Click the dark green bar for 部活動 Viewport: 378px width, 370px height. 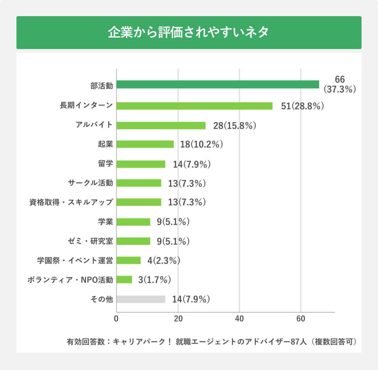[218, 85]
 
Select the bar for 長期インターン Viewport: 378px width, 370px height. [195, 106]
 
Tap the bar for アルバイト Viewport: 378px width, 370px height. [161, 126]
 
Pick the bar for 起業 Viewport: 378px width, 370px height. [145, 144]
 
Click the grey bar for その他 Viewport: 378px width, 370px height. [141, 299]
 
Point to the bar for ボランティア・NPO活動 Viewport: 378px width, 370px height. [124, 280]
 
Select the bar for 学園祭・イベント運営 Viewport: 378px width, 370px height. [128, 260]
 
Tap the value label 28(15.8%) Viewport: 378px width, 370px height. [235, 126]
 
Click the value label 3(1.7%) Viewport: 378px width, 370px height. [154, 280]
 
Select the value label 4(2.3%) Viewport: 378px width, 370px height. [164, 261]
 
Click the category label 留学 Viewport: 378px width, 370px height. [105, 164]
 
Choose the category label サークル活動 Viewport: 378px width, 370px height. [90, 183]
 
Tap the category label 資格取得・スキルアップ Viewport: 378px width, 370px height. [71, 202]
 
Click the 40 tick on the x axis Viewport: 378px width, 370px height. [240, 319]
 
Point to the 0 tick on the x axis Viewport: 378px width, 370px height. [117, 319]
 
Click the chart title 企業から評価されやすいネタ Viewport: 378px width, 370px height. [189, 32]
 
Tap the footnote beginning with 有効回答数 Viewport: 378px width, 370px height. [211, 342]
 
